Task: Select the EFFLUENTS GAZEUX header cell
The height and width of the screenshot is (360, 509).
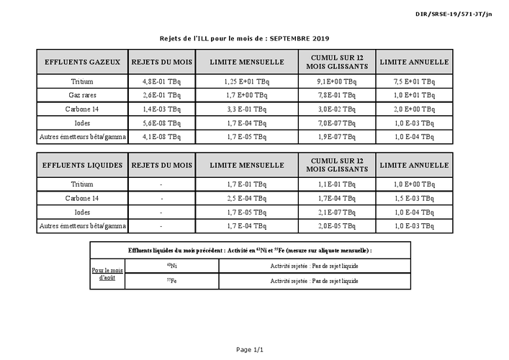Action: pyautogui.click(x=82, y=62)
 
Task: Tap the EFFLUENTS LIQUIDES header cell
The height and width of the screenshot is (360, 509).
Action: pyautogui.click(x=82, y=166)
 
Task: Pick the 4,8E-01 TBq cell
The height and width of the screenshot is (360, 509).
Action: pyautogui.click(x=161, y=82)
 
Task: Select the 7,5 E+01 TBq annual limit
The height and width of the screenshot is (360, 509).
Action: pyautogui.click(x=414, y=82)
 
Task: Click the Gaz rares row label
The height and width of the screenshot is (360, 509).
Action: pyautogui.click(x=82, y=95)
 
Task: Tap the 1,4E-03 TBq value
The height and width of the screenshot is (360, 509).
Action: pyautogui.click(x=161, y=109)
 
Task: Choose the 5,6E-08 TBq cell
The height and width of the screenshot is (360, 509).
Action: pyautogui.click(x=161, y=122)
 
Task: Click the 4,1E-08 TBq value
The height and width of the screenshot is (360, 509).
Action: pyautogui.click(x=161, y=136)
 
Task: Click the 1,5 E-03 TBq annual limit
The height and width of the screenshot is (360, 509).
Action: pyautogui.click(x=414, y=198)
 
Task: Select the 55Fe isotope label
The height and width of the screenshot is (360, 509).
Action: pyautogui.click(x=172, y=280)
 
